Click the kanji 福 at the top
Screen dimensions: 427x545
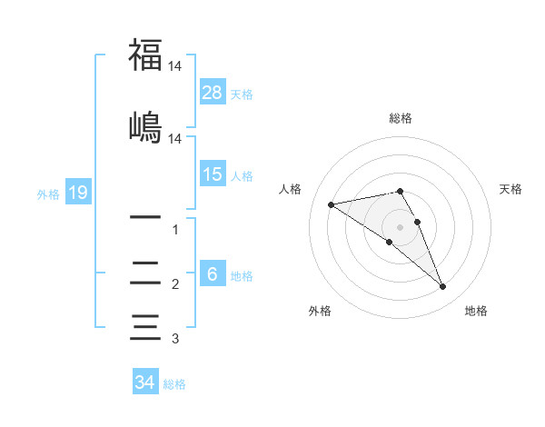145,55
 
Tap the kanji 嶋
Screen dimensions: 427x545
145,126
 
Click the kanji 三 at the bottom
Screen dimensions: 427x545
145,326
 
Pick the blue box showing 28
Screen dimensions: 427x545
213,93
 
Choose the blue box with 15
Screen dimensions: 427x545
213,174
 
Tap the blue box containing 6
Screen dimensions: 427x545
213,274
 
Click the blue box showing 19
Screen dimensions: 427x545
77,193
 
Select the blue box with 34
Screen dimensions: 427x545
144,382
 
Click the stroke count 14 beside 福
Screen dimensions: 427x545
175,67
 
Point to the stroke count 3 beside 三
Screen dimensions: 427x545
175,339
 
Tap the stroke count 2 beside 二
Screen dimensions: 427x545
175,284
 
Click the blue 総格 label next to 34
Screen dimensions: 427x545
174,384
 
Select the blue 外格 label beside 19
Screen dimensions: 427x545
47,194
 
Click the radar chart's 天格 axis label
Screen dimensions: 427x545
511,189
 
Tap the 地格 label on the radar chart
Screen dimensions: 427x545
476,311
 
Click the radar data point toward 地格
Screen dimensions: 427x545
443,287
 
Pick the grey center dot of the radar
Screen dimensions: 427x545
401,226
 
